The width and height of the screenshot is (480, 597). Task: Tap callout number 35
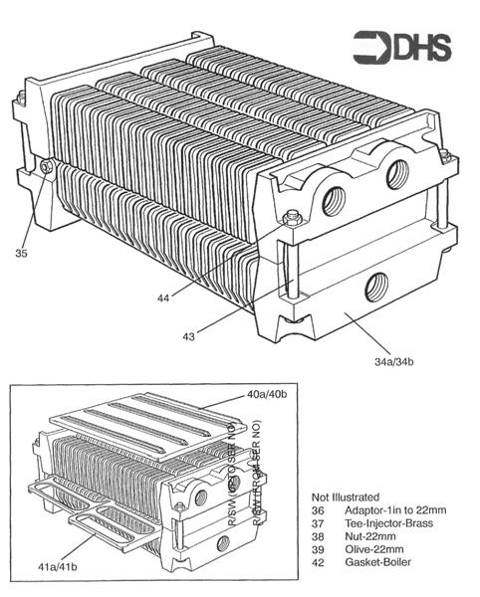click(x=22, y=254)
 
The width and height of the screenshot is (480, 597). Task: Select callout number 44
click(x=162, y=297)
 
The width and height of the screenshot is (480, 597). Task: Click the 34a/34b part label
click(x=386, y=360)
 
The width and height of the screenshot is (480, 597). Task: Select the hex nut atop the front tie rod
click(x=290, y=217)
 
